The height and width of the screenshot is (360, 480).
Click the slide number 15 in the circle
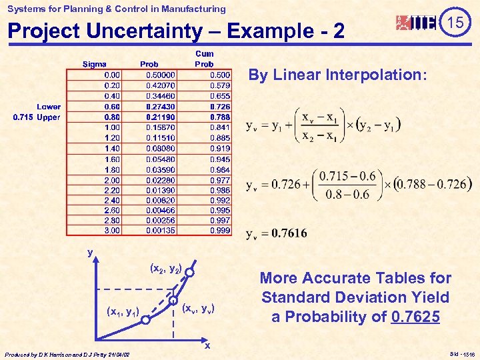tap(455, 23)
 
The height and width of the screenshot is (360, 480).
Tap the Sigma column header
tap(94, 64)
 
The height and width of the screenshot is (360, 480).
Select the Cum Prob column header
tap(204, 59)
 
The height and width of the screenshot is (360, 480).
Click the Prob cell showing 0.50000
tap(161, 75)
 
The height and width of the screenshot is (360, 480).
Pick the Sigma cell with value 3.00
tap(112, 231)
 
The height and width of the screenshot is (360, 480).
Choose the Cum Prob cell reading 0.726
tap(220, 107)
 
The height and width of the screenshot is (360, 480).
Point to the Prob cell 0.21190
tap(161, 117)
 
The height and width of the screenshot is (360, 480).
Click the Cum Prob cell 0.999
tap(220, 231)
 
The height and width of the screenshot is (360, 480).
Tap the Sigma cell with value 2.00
tap(112, 179)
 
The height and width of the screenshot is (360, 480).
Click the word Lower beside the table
tap(49, 107)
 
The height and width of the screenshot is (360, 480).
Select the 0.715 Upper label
tap(37, 117)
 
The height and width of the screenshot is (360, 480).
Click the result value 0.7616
tap(289, 233)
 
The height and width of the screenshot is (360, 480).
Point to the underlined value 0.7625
tap(417, 317)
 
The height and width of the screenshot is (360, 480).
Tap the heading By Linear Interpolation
tap(337, 75)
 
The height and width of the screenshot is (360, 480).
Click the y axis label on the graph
tap(90, 252)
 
